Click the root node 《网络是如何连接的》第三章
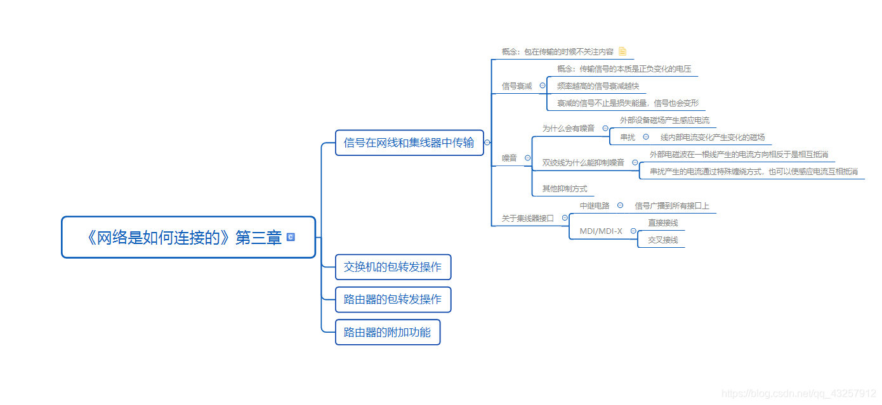[184, 238]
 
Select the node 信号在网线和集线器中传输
[409, 143]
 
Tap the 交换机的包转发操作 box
[392, 267]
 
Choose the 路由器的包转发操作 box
[392, 299]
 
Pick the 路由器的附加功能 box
[387, 332]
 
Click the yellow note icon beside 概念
[622, 51]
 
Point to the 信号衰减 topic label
[517, 86]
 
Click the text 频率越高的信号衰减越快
[598, 86]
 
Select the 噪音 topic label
[509, 158]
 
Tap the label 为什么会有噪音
[568, 129]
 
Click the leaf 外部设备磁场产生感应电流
[664, 120]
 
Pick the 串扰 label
[627, 138]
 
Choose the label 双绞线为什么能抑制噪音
[583, 163]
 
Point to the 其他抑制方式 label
[564, 189]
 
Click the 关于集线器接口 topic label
[527, 218]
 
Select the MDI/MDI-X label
[600, 231]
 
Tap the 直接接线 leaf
[662, 223]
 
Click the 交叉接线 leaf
[662, 240]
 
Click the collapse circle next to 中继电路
[620, 205]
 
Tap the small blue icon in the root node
[291, 237]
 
